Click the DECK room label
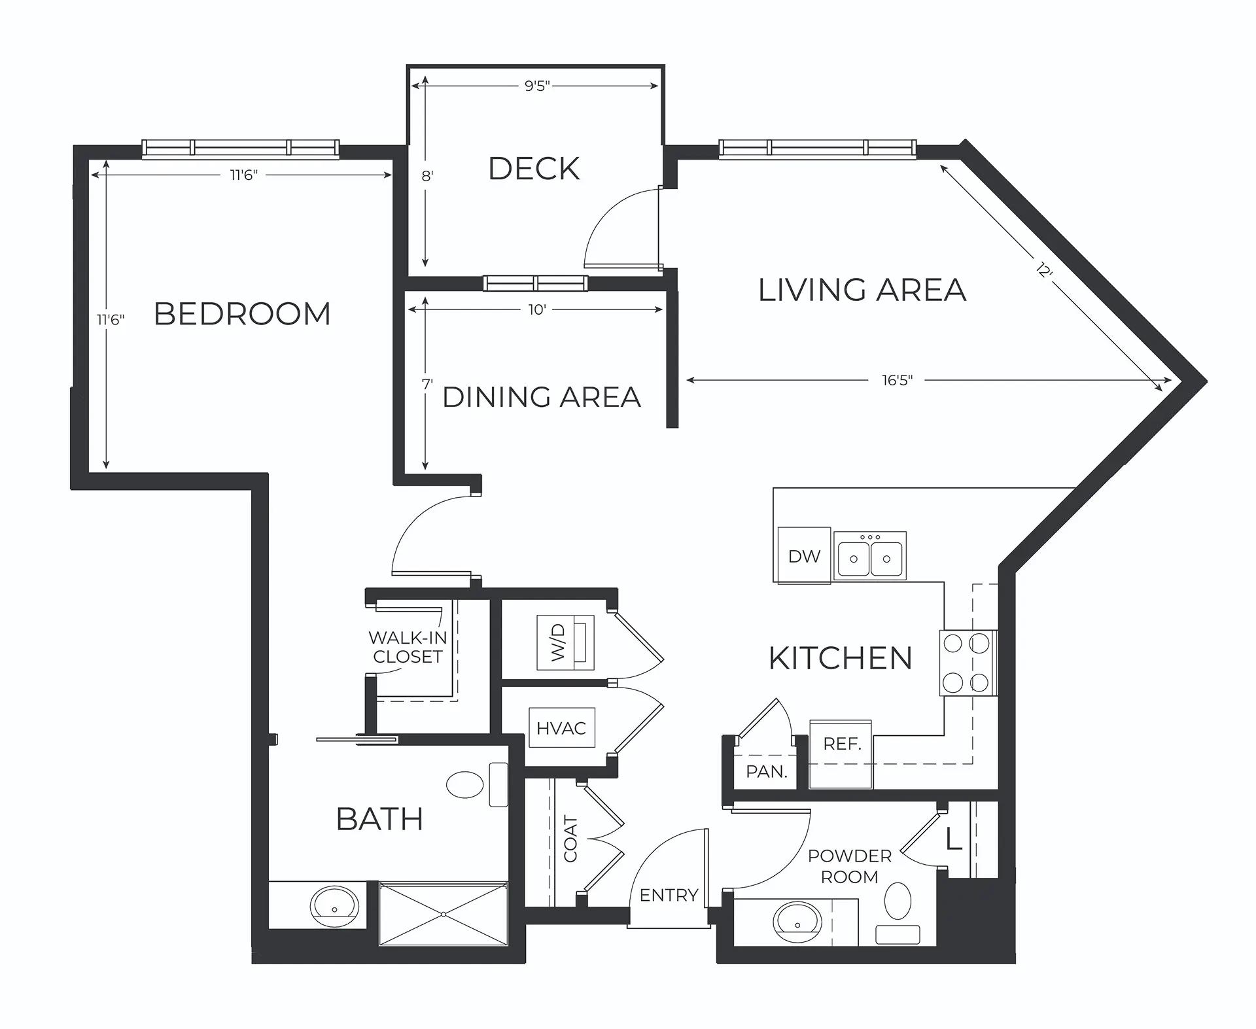click(x=534, y=169)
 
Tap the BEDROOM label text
click(x=242, y=314)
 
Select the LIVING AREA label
click(x=862, y=290)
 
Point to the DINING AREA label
click(x=542, y=397)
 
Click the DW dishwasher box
click(x=804, y=555)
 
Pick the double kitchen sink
click(x=870, y=555)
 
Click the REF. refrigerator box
click(x=841, y=754)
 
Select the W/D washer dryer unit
click(x=565, y=642)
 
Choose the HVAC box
click(x=561, y=727)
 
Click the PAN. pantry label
click(x=767, y=772)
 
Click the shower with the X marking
click(x=444, y=913)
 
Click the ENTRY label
click(x=669, y=895)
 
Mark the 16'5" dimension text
click(x=897, y=380)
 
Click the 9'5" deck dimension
click(x=537, y=86)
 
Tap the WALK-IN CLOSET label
click(x=408, y=647)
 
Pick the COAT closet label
click(x=570, y=839)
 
